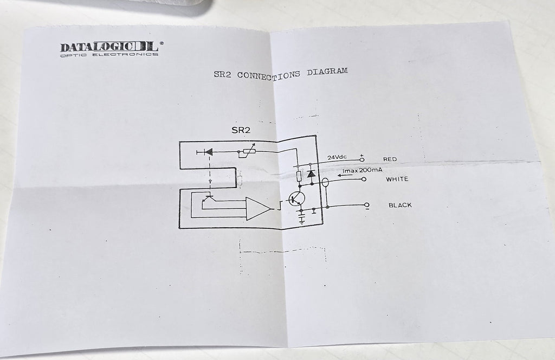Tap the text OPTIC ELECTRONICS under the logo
tap(109, 55)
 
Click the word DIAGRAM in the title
tap(327, 72)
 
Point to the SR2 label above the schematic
tap(241, 130)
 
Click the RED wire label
tap(390, 159)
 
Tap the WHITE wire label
tap(397, 179)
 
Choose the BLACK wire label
tap(400, 205)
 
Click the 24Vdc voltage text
tap(337, 157)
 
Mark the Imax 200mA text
tap(362, 170)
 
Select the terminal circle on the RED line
tap(362, 159)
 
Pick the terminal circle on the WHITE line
tap(364, 179)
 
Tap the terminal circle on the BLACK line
tap(367, 204)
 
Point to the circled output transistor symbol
tap(295, 200)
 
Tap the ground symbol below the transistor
tap(301, 219)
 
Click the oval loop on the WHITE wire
tap(325, 183)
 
